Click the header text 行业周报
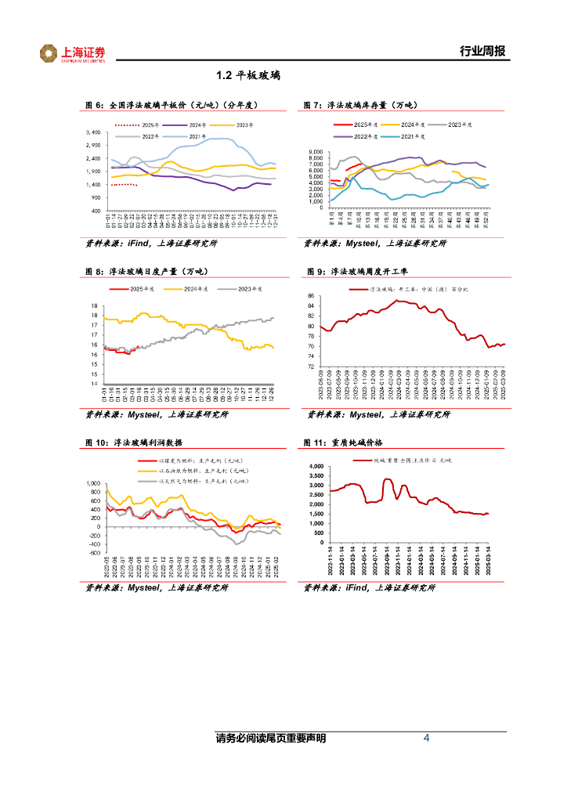482,52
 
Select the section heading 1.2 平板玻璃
248,76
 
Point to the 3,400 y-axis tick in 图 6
92,132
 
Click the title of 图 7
361,105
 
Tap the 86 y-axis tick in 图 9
310,296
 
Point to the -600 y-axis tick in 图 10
94,553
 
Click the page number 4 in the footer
426,739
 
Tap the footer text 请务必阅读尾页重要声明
270,739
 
